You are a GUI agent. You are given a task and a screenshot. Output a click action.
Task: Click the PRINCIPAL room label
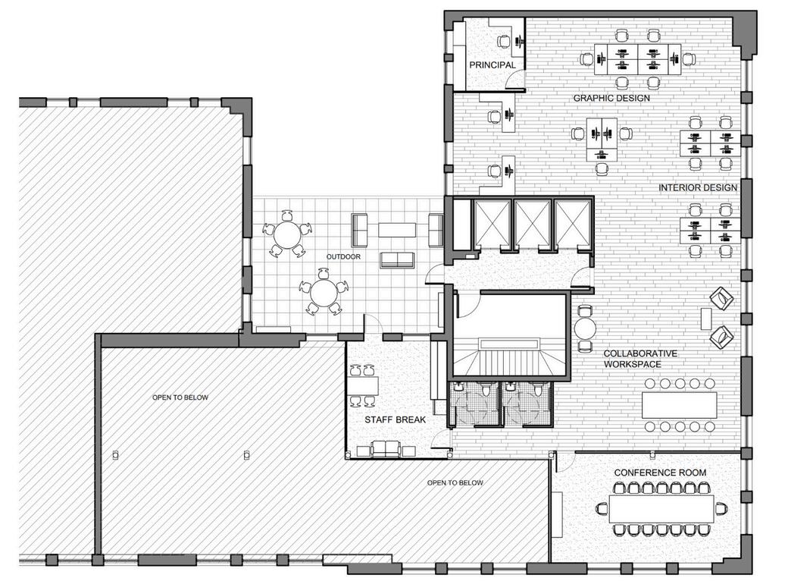coord(492,65)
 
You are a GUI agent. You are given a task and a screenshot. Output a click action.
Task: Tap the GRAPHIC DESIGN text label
coord(611,98)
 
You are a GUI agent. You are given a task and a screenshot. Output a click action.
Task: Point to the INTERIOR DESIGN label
coord(698,187)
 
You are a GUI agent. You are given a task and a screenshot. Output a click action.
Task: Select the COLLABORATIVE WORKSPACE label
coord(640,359)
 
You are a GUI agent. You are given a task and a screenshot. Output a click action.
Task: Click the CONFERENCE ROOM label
coord(660,473)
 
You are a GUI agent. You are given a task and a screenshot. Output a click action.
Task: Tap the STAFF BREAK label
coord(395,419)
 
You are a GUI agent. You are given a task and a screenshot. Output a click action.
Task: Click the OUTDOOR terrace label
coord(343,256)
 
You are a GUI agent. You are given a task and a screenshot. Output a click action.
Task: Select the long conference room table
coord(661,509)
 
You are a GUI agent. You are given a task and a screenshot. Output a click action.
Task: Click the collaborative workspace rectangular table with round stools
coord(680,405)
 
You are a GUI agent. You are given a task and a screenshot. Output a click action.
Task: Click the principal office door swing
coord(514,80)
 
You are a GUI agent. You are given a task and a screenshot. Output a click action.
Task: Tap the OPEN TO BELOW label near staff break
coord(455,483)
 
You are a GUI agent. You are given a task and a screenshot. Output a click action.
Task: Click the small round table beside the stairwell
coord(585,329)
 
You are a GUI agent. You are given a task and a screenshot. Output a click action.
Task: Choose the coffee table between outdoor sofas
coord(397,230)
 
